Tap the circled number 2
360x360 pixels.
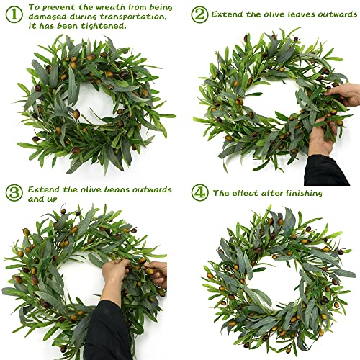[x=199, y=14]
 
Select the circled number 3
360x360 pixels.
[x=14, y=193]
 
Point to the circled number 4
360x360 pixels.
[x=199, y=193]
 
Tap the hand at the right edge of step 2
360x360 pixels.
[x=346, y=94]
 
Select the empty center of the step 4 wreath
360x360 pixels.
[x=276, y=276]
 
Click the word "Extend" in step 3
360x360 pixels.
[x=44, y=189]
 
